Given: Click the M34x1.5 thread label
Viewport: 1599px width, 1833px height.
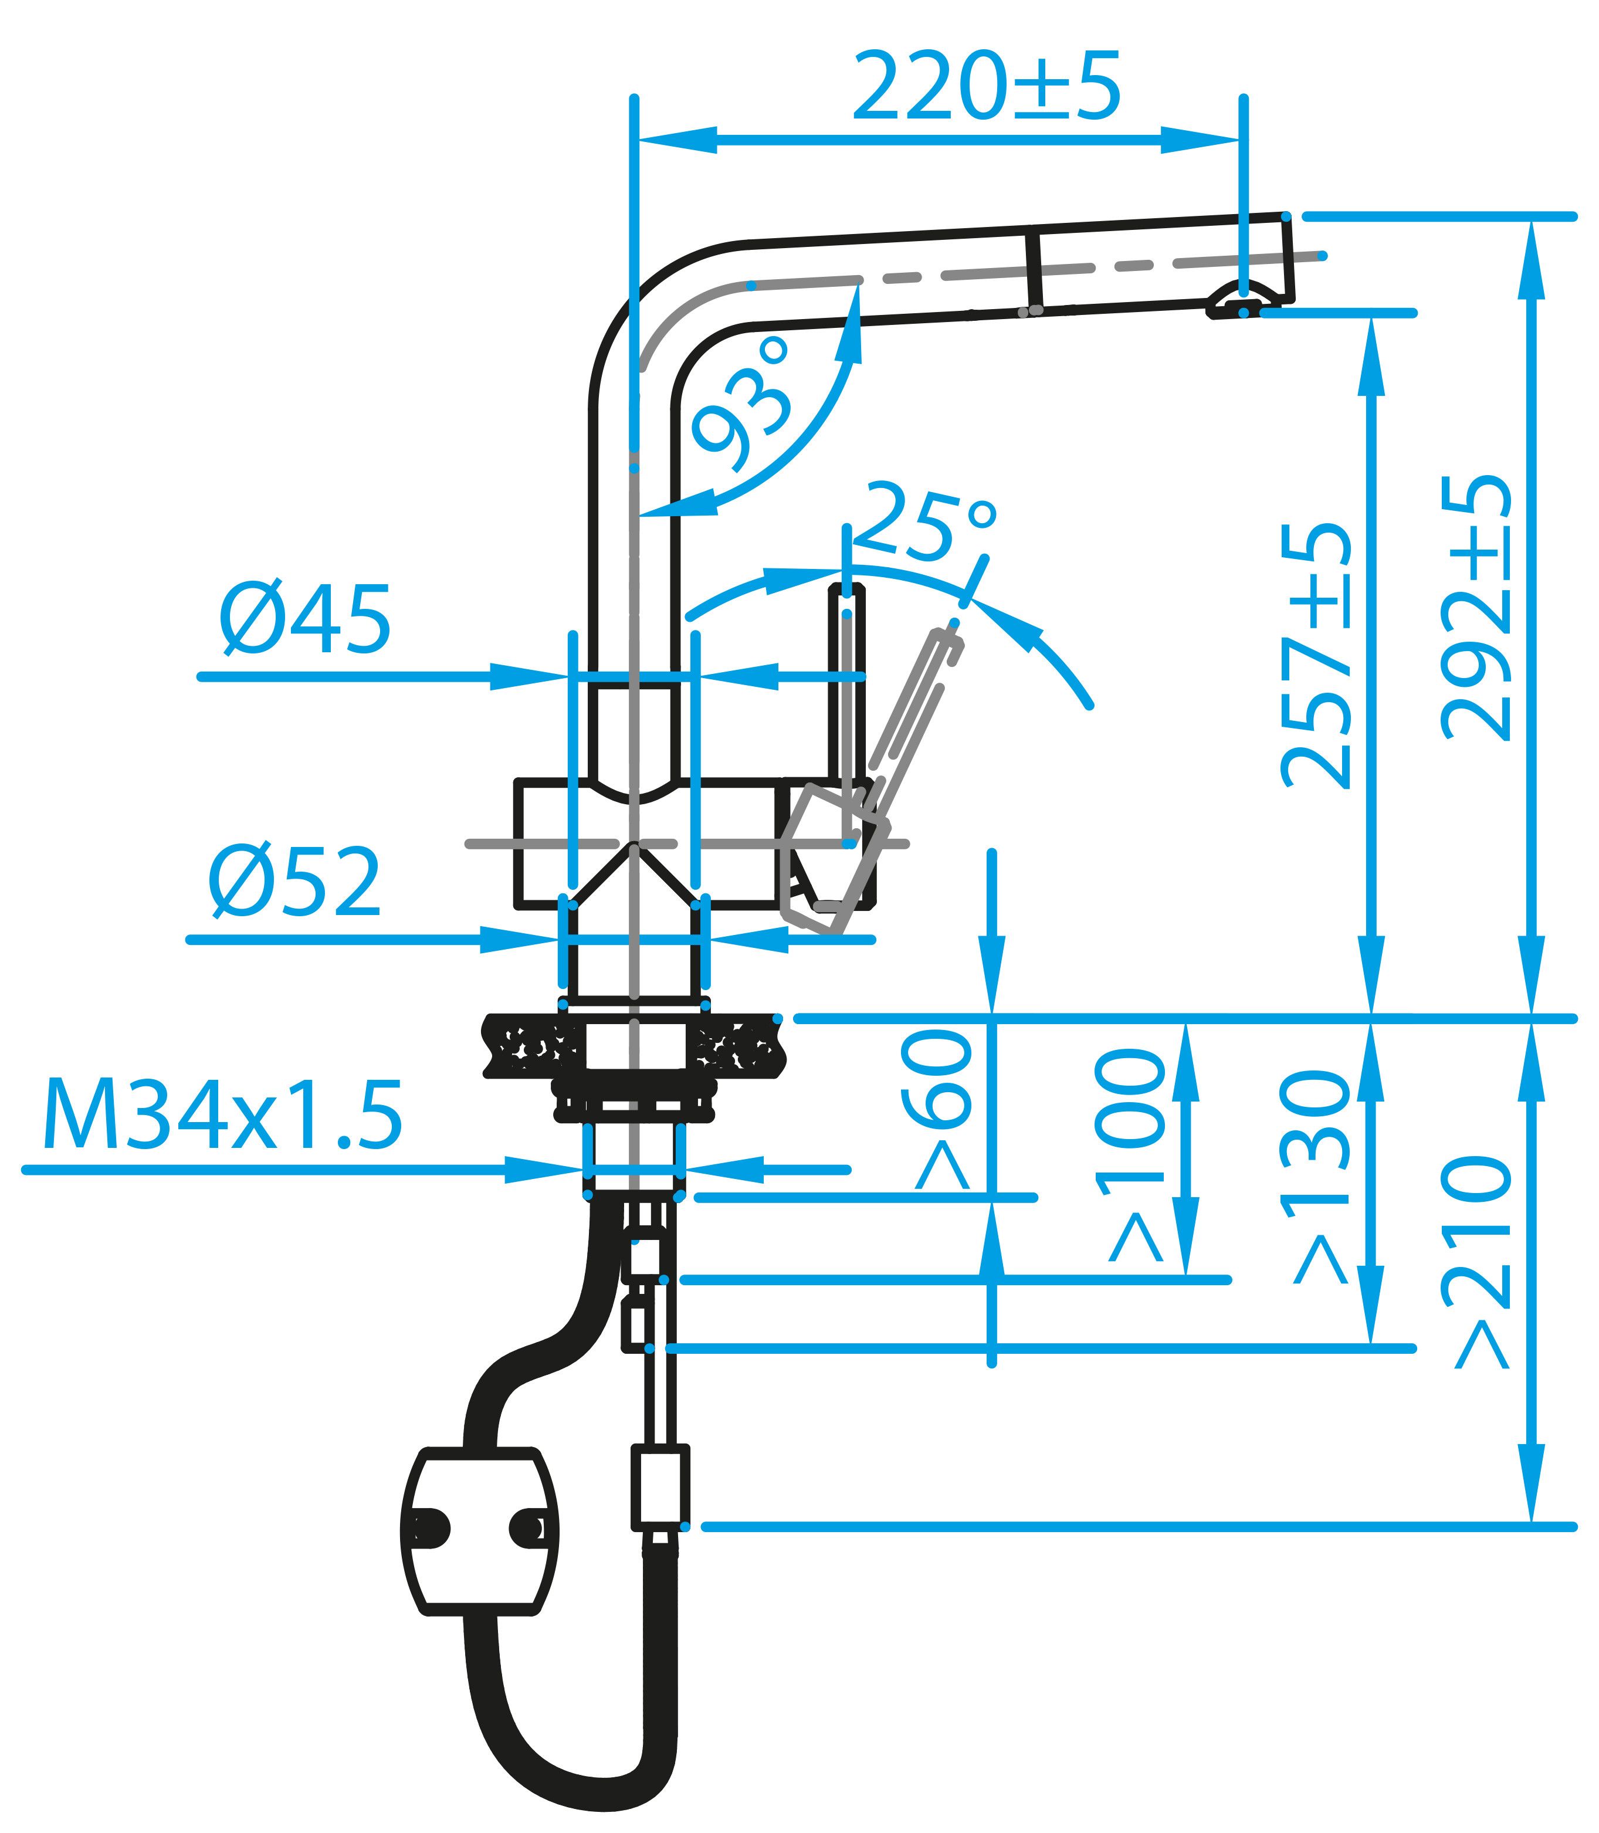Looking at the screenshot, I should (222, 1116).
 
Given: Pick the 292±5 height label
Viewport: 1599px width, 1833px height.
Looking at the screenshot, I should (1477, 607).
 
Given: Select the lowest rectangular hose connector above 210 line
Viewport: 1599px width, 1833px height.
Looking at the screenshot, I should (660, 1489).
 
